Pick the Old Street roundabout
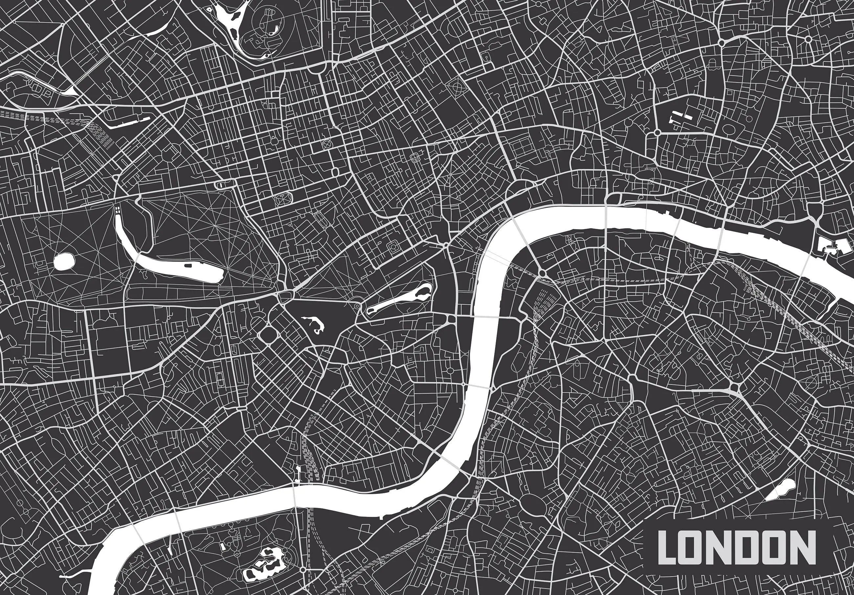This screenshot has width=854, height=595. click(722, 43)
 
